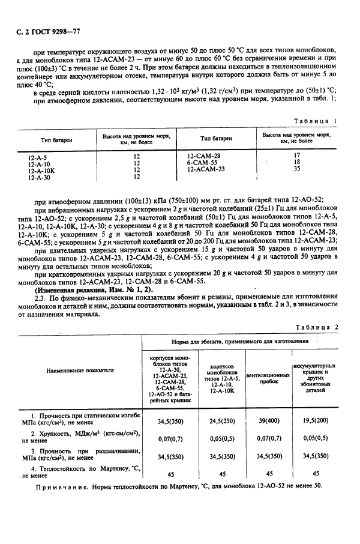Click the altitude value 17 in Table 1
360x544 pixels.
(x=296, y=155)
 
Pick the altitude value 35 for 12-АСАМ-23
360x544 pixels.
(x=296, y=169)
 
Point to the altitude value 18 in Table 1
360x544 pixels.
(x=296, y=162)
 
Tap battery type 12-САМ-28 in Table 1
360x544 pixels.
(x=204, y=155)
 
